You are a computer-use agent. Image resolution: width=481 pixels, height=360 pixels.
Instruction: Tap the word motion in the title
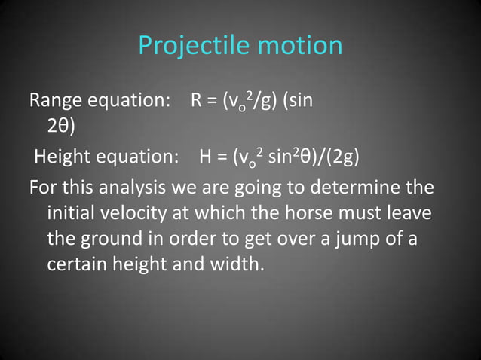pyautogui.click(x=299, y=46)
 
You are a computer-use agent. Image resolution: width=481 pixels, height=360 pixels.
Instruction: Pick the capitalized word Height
pyautogui.click(x=63, y=157)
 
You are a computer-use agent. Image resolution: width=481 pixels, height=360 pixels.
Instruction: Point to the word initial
pyautogui.click(x=72, y=213)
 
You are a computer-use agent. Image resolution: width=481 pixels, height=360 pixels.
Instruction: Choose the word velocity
pyautogui.click(x=139, y=213)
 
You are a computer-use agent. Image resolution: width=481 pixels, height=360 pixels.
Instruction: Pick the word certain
pyautogui.click(x=78, y=267)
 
